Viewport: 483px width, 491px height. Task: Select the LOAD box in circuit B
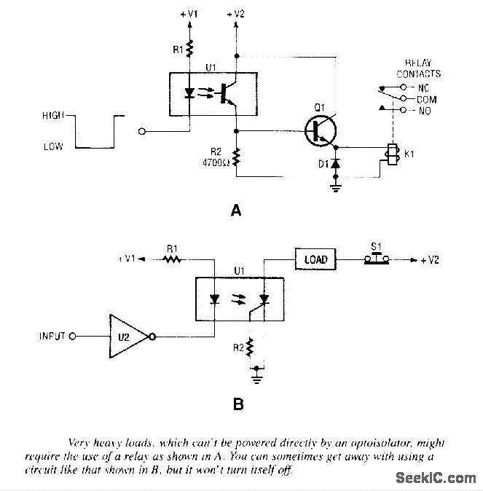315,259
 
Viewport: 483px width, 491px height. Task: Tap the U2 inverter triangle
130,336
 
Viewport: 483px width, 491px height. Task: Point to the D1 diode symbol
335,164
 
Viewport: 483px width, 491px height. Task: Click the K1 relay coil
391,154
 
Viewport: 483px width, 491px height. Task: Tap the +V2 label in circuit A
237,13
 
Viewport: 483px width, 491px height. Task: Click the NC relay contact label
423,87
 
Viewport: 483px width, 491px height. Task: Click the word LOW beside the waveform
54,146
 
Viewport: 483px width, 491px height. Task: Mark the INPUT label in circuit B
52,337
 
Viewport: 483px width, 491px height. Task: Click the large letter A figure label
235,211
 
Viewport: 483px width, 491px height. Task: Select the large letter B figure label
237,402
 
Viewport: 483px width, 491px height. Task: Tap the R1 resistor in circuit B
172,259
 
